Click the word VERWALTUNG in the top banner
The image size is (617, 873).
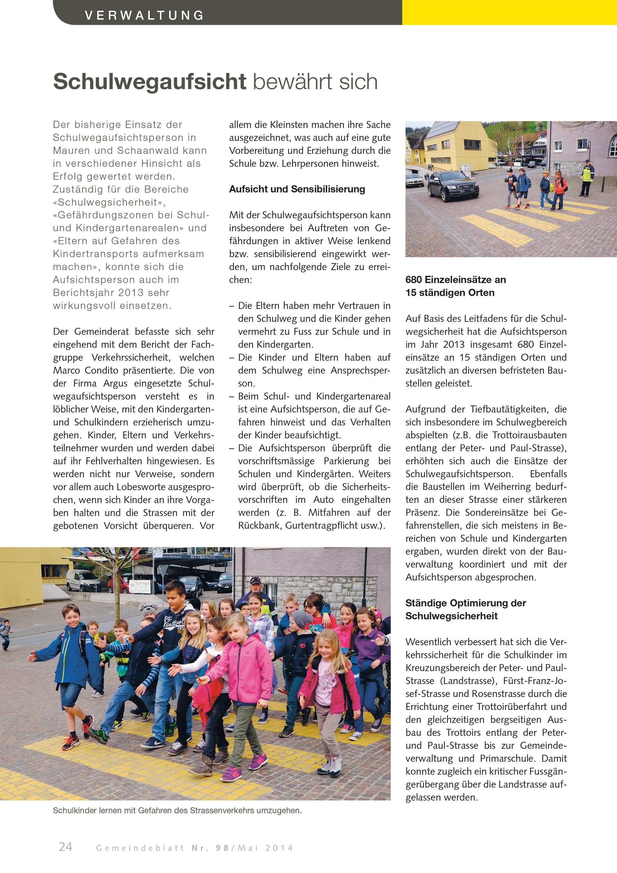pos(144,15)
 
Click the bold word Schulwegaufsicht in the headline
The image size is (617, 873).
pos(150,81)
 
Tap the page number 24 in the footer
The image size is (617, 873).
pos(65,846)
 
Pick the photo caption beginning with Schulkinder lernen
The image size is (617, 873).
pos(177,810)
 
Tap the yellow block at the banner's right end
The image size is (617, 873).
pos(509,12)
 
